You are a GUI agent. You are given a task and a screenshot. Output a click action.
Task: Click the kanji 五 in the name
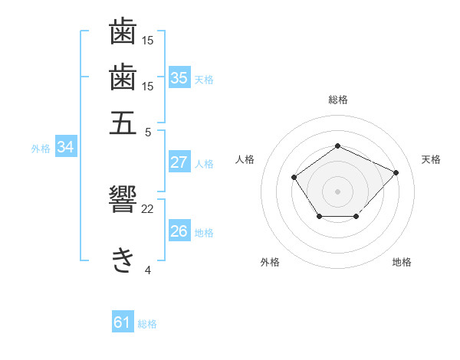pos(123,123)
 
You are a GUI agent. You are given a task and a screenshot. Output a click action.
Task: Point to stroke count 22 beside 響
pos(148,208)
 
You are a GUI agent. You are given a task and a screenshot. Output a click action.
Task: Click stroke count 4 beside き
pos(148,270)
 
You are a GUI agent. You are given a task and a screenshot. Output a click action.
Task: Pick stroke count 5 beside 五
pos(148,131)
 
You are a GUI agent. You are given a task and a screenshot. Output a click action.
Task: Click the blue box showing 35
pos(179,78)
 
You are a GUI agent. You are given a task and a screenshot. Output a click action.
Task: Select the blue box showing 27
pos(179,162)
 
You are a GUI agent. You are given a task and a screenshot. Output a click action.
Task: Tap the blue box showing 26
pos(179,231)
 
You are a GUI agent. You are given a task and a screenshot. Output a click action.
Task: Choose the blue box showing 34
pos(65,148)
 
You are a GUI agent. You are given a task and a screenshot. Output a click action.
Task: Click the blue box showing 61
pos(122,323)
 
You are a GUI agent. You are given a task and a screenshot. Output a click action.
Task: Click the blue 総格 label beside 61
pos(147,324)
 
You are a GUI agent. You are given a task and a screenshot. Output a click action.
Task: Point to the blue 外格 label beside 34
pos(41,149)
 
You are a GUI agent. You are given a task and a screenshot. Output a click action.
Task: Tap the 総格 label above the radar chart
pos(337,100)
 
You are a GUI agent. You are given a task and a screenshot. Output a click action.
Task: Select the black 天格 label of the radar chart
pos(431,159)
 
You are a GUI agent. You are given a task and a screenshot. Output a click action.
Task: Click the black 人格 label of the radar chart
pos(245,159)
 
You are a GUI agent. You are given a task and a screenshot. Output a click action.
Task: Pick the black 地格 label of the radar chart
pos(402,262)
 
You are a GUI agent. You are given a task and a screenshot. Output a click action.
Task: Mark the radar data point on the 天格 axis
pos(396,172)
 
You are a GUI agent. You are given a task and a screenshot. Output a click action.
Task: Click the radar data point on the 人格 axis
pos(294,178)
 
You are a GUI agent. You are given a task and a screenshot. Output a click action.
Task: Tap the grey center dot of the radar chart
pos(337,191)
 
